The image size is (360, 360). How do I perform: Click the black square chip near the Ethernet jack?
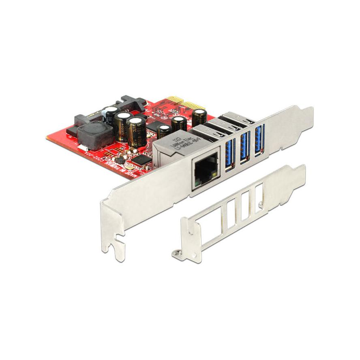[x=140, y=160]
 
